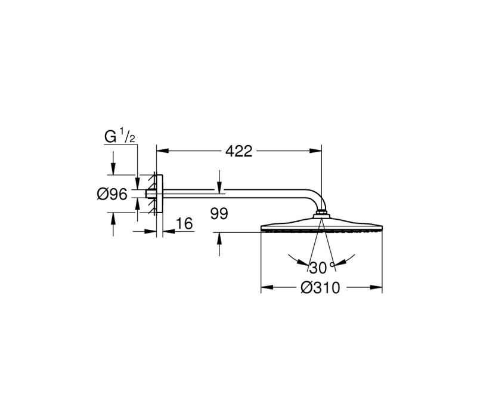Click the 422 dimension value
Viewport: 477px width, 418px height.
[239, 151]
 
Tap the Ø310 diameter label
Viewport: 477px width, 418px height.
[320, 288]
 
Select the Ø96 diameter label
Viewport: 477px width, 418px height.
[112, 194]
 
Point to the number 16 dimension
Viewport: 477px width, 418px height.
[184, 223]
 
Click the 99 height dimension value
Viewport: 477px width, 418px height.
[219, 214]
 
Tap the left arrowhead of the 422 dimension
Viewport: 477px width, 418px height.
[163, 151]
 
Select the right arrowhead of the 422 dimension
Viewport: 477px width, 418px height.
[315, 151]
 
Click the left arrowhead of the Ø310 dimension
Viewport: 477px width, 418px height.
[267, 287]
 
